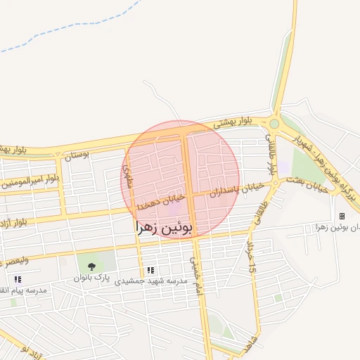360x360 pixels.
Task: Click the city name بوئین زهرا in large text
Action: [172, 228]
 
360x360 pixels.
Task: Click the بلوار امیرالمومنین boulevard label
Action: [31, 181]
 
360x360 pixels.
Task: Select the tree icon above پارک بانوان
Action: [91, 266]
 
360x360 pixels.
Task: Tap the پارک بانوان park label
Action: [94, 278]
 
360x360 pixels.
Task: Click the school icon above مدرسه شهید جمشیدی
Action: [150, 269]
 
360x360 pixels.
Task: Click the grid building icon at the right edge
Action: [342, 216]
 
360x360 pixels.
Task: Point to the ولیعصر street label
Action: [15, 260]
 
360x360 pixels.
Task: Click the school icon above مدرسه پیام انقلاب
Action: [18, 279]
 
